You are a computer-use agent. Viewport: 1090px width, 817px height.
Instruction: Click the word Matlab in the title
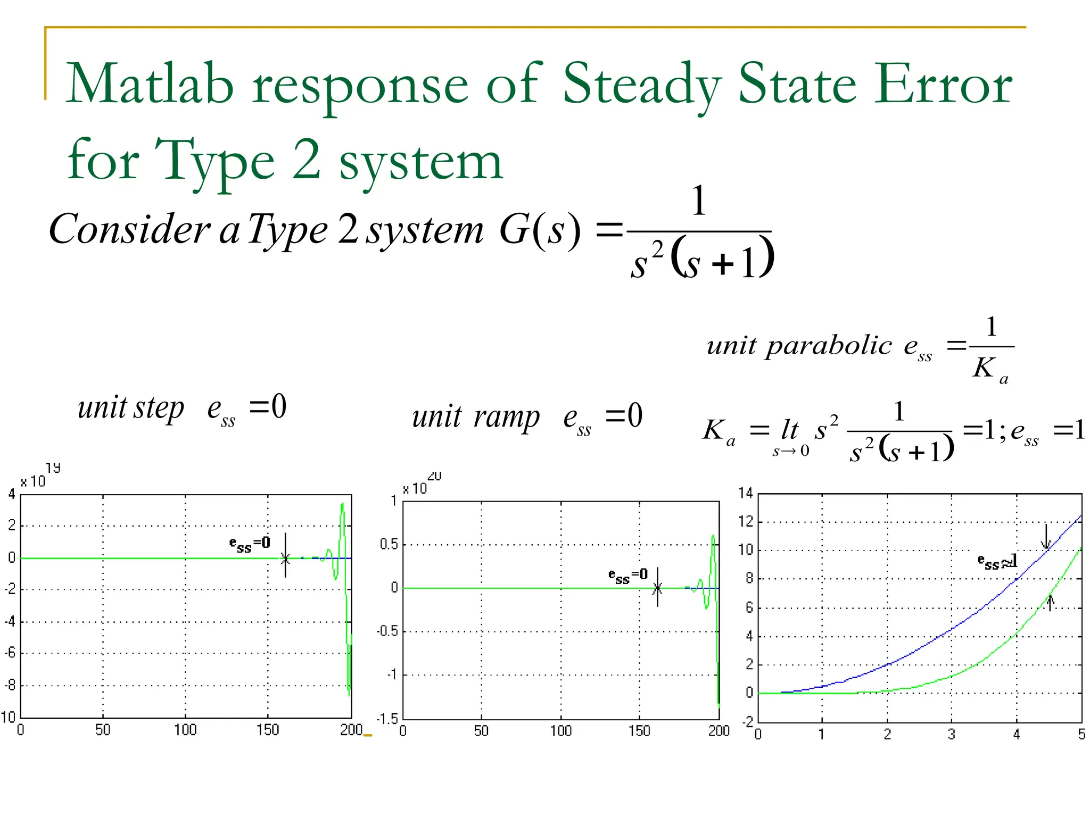click(150, 84)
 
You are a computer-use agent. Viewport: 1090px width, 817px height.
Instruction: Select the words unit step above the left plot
click(131, 408)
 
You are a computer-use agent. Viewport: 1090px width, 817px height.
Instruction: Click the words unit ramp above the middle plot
click(475, 416)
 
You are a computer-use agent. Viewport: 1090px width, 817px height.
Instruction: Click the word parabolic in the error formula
click(828, 346)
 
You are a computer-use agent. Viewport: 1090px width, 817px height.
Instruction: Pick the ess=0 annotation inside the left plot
click(250, 544)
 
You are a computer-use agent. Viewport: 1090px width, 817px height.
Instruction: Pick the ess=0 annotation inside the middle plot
click(628, 576)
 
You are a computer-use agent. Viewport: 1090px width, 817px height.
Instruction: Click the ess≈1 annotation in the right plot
click(997, 561)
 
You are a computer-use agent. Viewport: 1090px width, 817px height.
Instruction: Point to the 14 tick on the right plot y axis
click(746, 493)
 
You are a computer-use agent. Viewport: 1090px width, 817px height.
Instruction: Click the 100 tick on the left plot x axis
click(185, 730)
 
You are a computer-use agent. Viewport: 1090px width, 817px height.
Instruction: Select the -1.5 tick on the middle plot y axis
click(387, 719)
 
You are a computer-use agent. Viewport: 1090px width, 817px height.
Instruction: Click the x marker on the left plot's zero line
click(285, 558)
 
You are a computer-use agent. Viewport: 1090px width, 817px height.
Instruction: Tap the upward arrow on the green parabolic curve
click(1050, 603)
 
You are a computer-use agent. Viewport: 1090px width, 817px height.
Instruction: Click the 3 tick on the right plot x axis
click(951, 735)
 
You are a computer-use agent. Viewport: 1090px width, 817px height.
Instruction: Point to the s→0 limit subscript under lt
click(791, 452)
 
